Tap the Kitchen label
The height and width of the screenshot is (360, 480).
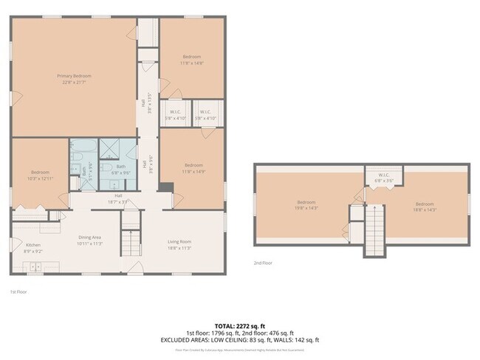coord(33,245)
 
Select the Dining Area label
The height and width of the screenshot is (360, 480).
coord(89,238)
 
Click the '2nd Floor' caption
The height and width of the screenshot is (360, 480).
coord(264,263)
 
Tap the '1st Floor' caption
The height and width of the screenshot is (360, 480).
coord(19,292)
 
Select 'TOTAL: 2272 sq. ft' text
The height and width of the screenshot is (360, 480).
coord(239,325)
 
